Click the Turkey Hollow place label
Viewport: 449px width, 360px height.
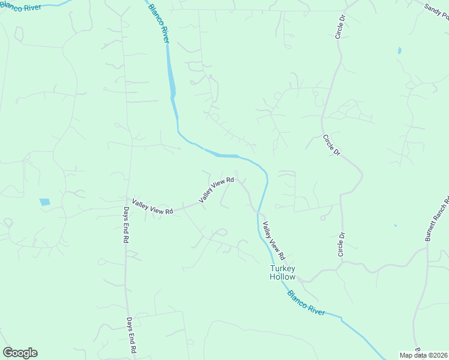283,272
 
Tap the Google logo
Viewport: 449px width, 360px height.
20,353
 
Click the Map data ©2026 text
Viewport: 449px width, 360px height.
423,355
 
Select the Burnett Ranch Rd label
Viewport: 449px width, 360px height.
437,219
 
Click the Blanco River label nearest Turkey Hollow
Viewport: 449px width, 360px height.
306,304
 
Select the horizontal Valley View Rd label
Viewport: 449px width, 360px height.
152,207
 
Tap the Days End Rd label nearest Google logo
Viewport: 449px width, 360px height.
130,336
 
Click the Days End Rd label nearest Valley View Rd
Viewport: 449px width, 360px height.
127,225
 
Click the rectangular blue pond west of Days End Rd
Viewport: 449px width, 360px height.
45,202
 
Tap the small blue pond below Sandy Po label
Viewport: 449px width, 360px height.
399,51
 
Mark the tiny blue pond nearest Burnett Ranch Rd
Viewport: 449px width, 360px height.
395,226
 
